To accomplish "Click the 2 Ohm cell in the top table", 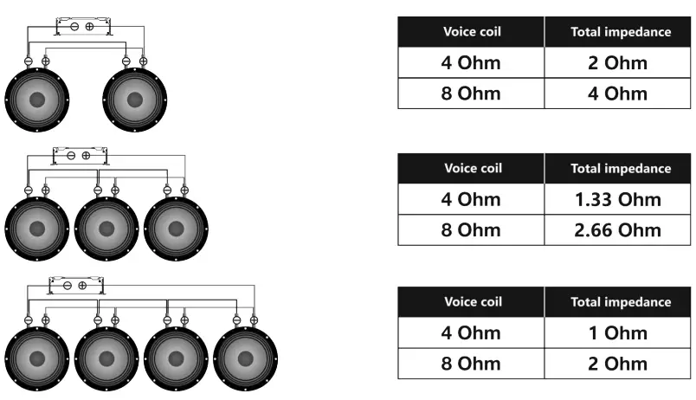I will (x=618, y=63).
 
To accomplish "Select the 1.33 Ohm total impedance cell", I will (x=618, y=200).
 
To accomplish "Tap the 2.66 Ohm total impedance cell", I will (x=618, y=230).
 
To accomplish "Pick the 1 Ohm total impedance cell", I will (x=618, y=333).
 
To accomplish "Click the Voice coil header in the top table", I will (x=472, y=32).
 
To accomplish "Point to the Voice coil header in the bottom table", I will (x=472, y=302).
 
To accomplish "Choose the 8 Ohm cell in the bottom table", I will (x=472, y=364).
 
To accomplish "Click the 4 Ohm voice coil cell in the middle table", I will (x=472, y=200).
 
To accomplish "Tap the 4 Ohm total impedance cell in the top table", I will (x=618, y=94).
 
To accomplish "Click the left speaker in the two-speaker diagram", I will (x=36, y=99).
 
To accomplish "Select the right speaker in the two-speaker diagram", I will (x=135, y=99).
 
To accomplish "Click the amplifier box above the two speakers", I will (x=82, y=26).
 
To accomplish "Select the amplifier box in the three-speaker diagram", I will (x=79, y=156).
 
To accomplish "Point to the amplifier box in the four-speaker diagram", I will (x=75, y=285).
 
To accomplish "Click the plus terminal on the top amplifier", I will (x=89, y=27).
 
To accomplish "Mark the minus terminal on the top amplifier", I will (x=75, y=27).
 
